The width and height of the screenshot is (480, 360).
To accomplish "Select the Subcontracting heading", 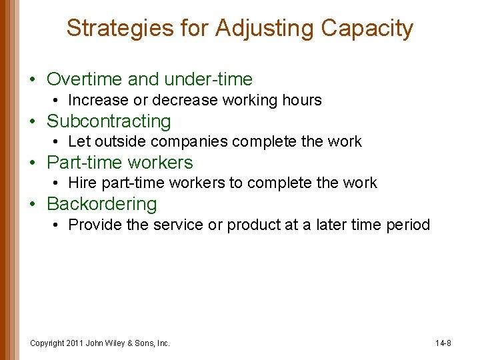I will click(109, 121).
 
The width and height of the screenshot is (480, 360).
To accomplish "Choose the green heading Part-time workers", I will click(120, 163).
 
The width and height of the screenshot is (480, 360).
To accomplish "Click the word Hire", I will click(83, 183).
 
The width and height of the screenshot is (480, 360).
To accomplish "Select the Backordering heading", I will click(102, 204).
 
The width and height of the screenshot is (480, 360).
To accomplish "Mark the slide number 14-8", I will click(443, 343).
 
